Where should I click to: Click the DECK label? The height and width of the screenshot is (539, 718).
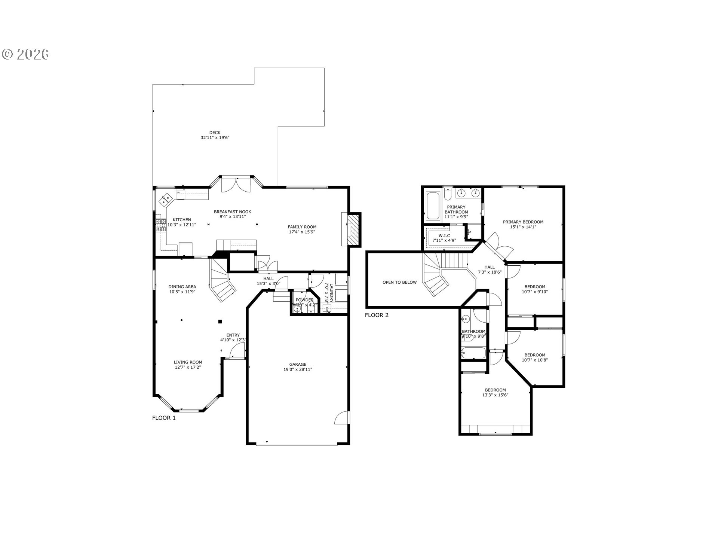point(215,133)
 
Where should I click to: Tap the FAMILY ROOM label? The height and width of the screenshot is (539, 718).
point(302,227)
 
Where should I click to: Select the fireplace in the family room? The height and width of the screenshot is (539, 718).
point(353,229)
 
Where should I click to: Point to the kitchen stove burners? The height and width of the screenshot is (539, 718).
point(161,225)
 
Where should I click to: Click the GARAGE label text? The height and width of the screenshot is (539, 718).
point(298,365)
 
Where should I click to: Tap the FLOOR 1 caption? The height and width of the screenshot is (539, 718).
point(164,418)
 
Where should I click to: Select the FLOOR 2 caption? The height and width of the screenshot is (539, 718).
point(377,315)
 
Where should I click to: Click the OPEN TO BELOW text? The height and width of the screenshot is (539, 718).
point(399,282)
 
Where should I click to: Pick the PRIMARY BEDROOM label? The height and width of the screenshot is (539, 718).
point(523,222)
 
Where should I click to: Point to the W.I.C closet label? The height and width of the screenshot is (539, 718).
point(444,235)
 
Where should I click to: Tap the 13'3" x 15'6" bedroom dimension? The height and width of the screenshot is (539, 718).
point(495,395)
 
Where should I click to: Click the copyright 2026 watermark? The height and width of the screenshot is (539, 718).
point(25,54)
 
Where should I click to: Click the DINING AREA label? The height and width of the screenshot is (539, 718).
point(182,287)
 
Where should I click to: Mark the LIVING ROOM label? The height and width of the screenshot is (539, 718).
point(188,362)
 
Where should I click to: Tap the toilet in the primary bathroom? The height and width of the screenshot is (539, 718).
point(448,194)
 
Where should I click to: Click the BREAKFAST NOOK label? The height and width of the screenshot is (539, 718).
point(232,212)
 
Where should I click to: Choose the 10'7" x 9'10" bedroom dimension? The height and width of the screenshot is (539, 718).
point(535,292)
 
